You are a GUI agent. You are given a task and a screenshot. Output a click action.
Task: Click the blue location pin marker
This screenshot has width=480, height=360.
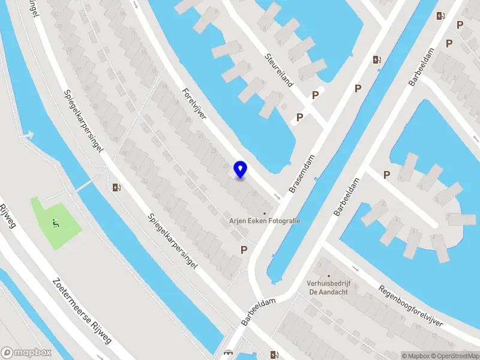(x=240, y=170)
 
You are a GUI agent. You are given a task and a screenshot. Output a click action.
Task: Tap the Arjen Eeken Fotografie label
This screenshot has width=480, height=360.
(x=265, y=221)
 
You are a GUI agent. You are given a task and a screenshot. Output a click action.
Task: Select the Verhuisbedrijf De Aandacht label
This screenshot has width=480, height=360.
(x=329, y=287)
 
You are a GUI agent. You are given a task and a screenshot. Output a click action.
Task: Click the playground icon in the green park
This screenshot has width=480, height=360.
(x=55, y=224)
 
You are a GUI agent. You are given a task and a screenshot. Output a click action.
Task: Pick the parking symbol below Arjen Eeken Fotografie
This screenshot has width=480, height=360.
(x=244, y=250)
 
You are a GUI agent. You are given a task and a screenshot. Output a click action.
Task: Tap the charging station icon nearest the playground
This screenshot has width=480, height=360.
(x=117, y=187)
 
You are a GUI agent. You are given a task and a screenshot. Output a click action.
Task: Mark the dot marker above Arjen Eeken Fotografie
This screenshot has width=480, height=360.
(x=265, y=212)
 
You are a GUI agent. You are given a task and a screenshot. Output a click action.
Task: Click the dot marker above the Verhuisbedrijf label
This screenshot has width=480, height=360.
(x=329, y=276)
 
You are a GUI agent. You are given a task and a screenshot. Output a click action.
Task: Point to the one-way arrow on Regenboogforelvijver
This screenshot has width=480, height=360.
(x=355, y=268)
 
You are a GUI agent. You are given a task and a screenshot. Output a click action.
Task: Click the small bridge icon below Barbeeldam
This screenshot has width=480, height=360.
(x=227, y=353)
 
